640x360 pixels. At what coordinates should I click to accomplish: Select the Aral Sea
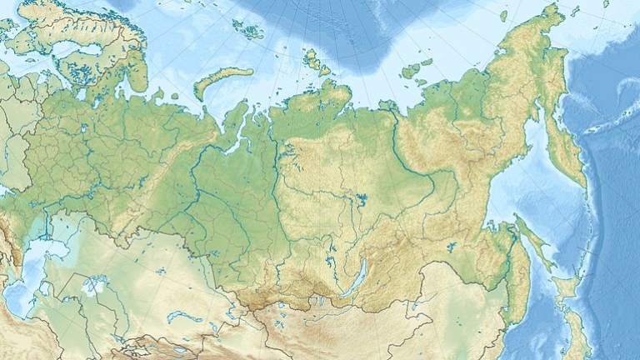[x=94, y=286]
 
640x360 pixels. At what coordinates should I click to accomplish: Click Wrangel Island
[x=503, y=15]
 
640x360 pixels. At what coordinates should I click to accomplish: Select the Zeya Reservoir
[x=451, y=247]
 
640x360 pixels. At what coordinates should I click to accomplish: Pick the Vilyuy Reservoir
[x=361, y=199]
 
